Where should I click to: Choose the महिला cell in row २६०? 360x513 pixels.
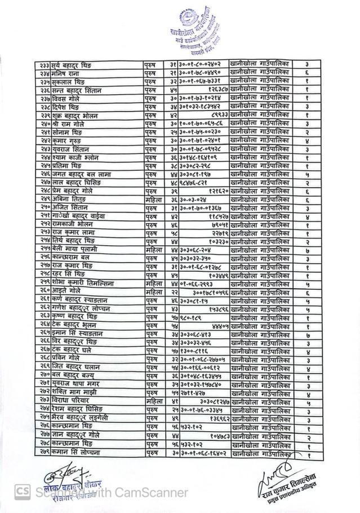[153, 291]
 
